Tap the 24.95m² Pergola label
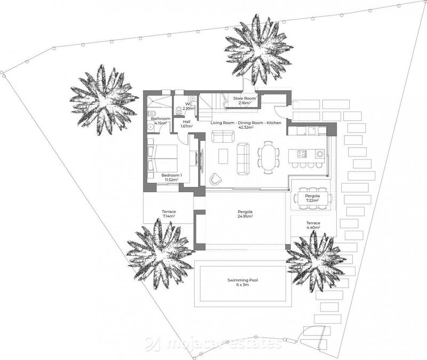coord(245,215)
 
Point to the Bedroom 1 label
coord(172,175)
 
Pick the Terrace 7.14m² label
coord(169,214)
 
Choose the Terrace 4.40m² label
coord(313,225)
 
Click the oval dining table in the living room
coord(267,158)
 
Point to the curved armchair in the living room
coord(216,179)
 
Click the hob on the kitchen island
coord(302,154)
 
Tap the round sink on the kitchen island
coord(320,154)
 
